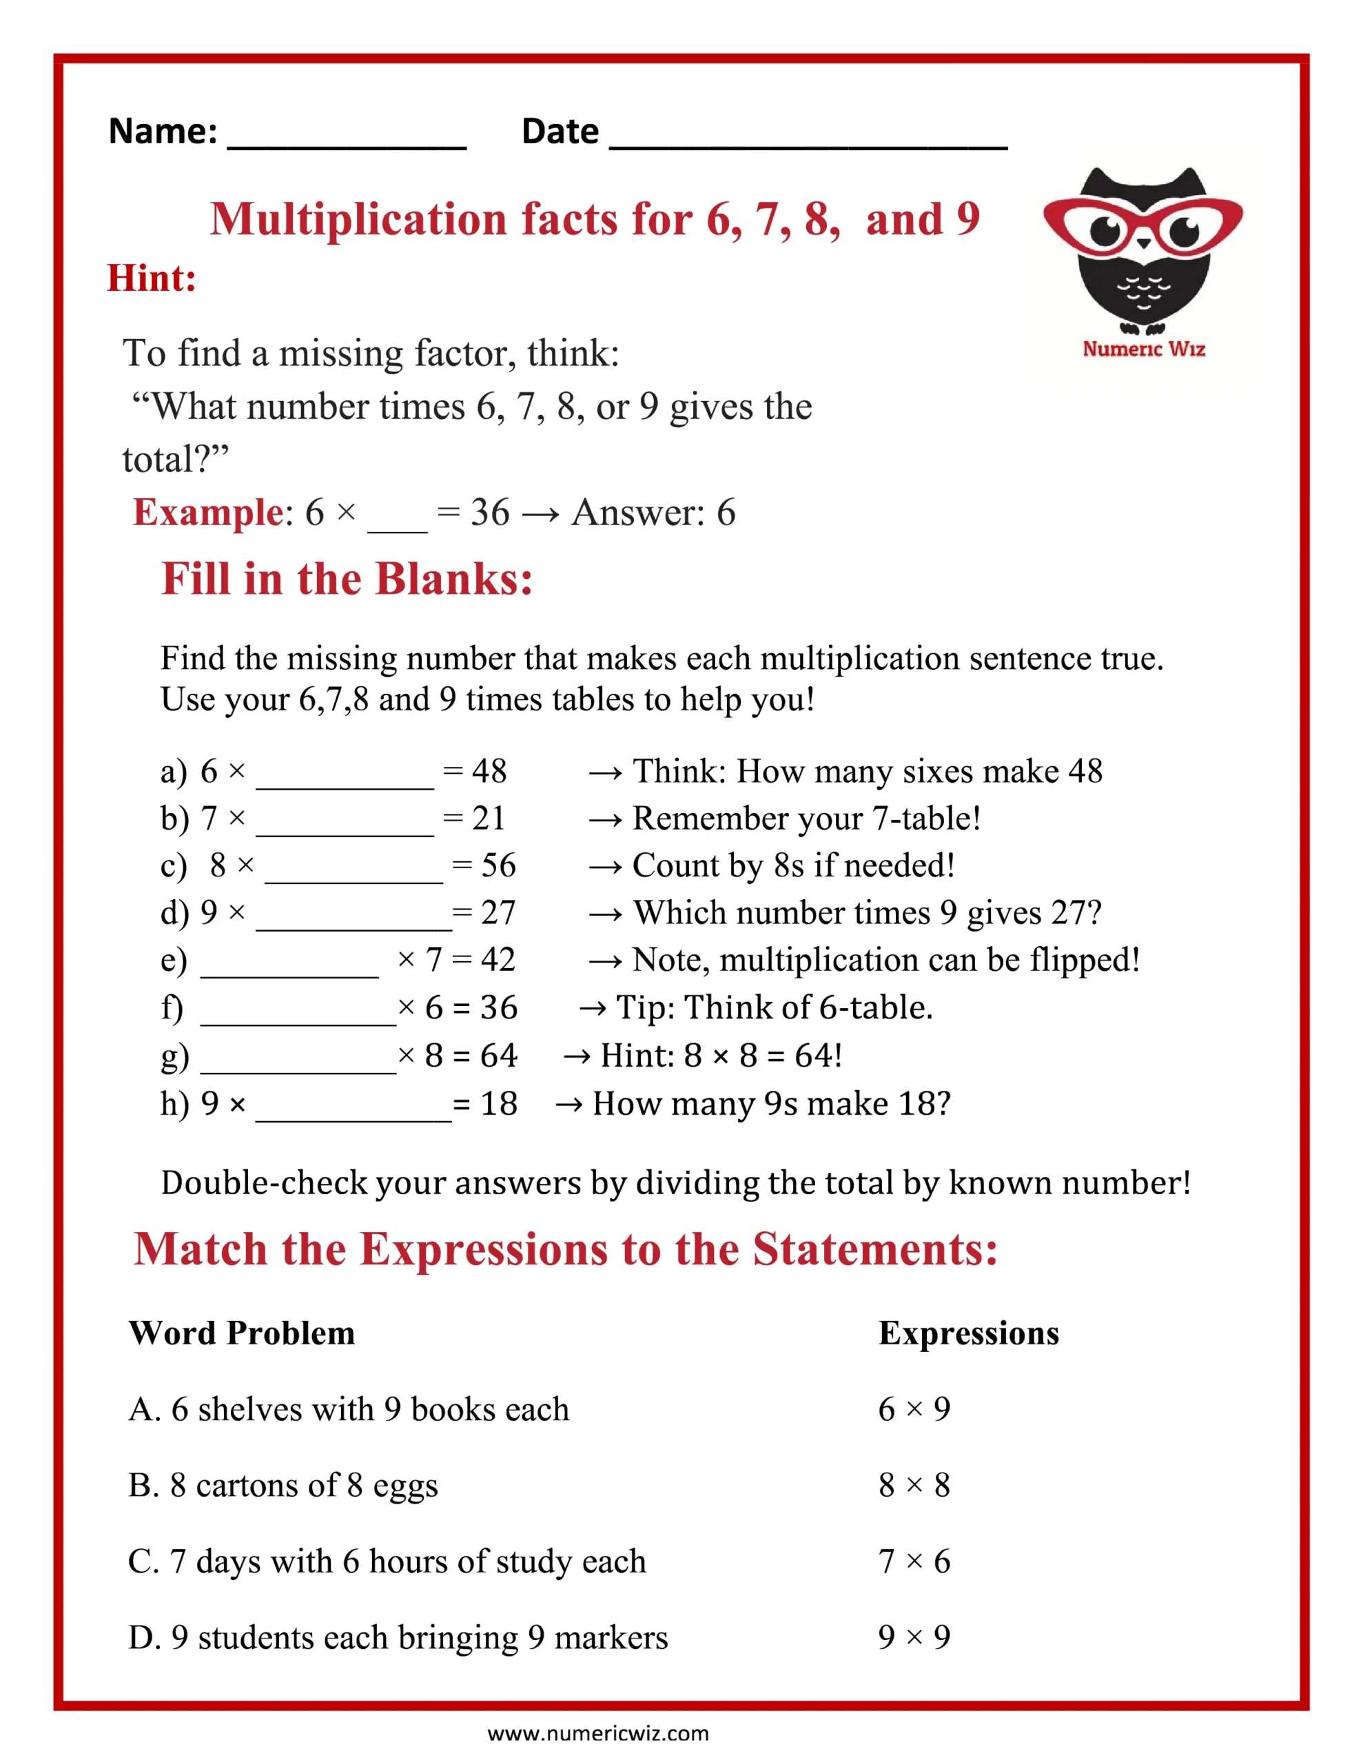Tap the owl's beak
[1143, 243]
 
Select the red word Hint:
[152, 278]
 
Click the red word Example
[207, 512]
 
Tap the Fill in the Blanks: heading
[347, 579]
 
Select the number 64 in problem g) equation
[498, 1056]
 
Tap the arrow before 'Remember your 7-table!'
[605, 821]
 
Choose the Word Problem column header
[242, 1333]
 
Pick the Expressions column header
[968, 1333]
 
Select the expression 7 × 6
[914, 1561]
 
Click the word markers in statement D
[612, 1638]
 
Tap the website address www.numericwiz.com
[598, 1732]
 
